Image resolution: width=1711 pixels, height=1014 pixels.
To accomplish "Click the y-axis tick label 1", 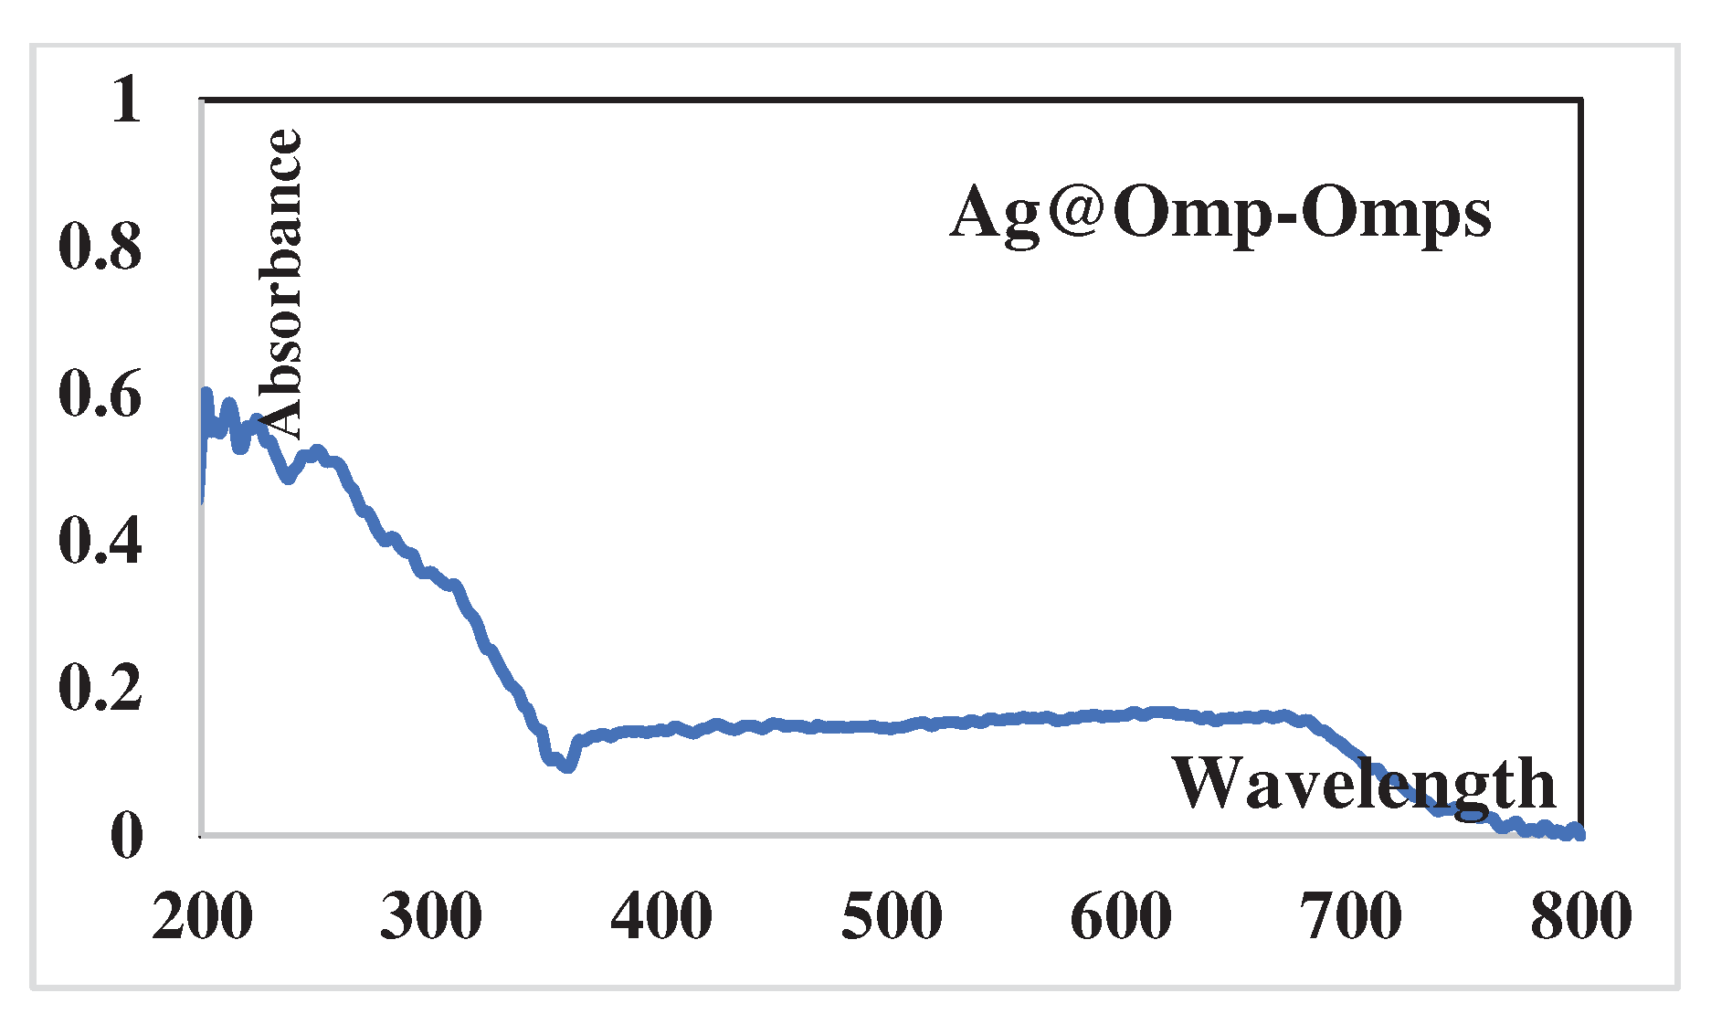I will (126, 100).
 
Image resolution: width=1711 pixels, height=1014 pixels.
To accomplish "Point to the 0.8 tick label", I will (100, 247).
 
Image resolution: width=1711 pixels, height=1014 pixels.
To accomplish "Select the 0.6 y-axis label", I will (100, 395).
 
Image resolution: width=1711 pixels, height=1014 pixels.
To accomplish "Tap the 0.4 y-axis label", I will (100, 541).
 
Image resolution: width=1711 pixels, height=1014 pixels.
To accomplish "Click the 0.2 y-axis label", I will (100, 688).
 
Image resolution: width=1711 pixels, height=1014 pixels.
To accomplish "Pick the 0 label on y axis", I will (126, 835).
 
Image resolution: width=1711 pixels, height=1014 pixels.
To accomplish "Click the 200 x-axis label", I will (202, 916).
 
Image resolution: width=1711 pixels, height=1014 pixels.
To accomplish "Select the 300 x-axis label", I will (431, 916).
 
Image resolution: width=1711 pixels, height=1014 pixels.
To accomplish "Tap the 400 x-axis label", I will (661, 916).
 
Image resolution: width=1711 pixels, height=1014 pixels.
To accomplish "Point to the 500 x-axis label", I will (892, 916).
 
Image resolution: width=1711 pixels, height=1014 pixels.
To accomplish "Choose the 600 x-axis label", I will (1121, 916).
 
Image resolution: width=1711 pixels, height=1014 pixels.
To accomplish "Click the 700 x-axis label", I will (1351, 916).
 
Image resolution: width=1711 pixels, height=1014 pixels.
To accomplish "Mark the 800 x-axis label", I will (1581, 916).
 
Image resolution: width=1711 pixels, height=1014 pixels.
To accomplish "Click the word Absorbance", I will (280, 283).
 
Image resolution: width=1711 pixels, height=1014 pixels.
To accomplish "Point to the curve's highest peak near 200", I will (206, 393).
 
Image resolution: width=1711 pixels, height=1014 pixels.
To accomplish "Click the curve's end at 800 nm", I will (1579, 833).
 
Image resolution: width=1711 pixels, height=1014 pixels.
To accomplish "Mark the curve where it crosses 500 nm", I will (892, 728).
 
